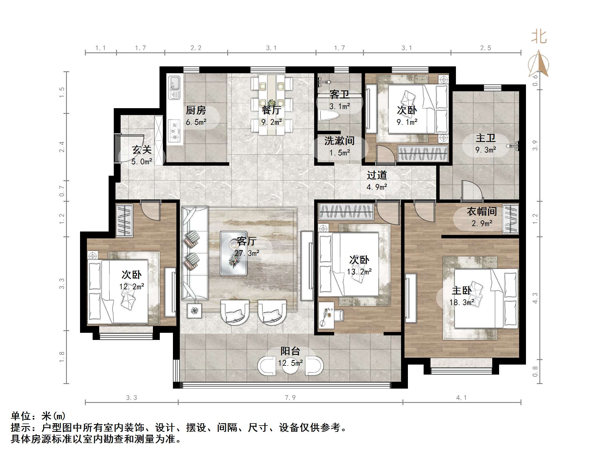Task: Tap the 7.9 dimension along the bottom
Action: point(290,397)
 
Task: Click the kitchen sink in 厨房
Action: point(174,87)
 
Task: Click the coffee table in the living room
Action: point(234,253)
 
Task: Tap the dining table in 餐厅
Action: point(272,104)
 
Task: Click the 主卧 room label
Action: point(461,290)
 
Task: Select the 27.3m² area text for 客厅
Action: point(247,253)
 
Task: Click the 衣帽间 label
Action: point(482,211)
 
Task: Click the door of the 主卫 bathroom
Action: point(472,190)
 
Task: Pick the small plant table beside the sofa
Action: point(194,310)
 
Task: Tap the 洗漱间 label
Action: point(339,141)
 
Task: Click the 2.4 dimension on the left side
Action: point(62,147)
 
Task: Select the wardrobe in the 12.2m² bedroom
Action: point(124,220)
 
